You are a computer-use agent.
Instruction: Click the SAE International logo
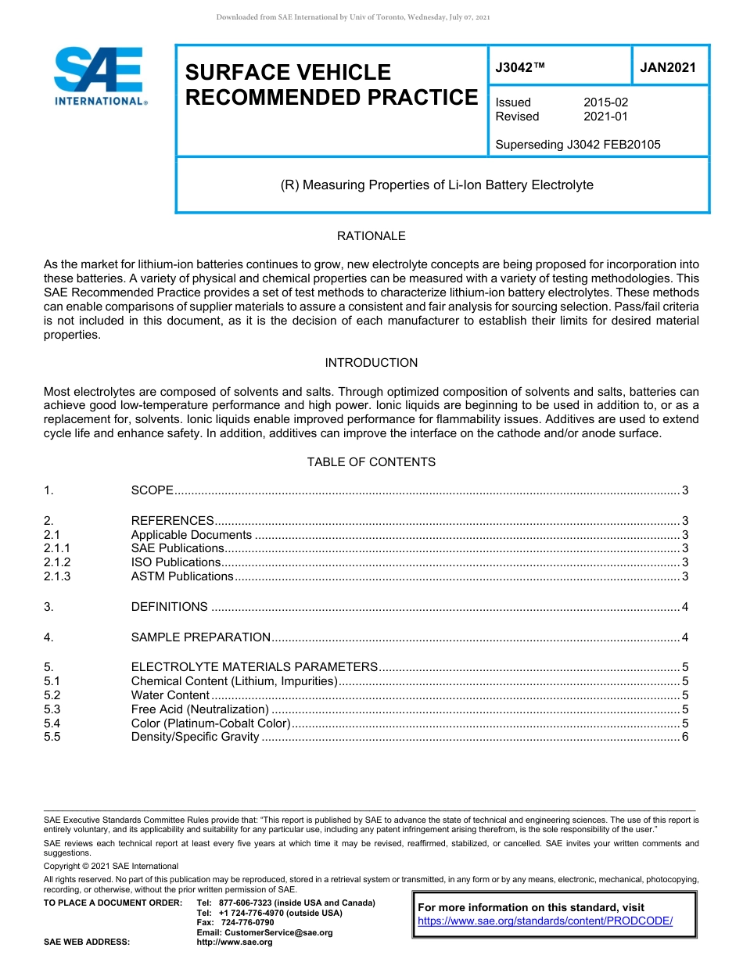[x=99, y=76]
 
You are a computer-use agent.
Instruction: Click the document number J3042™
[x=520, y=68]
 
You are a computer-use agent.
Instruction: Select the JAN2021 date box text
[x=668, y=68]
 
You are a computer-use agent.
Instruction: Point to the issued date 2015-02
[x=605, y=102]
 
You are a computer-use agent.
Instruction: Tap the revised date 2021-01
[x=605, y=117]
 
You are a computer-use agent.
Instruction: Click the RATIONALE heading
[x=371, y=236]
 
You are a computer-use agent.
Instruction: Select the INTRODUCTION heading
[x=371, y=363]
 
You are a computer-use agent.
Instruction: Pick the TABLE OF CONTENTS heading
[x=371, y=462]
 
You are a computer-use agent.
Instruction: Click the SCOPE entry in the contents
[x=152, y=490]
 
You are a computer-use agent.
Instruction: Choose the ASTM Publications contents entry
[x=182, y=576]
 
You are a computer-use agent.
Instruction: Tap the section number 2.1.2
[x=57, y=562]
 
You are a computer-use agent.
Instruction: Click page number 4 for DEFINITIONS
[x=685, y=607]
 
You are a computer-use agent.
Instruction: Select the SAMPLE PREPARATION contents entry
[x=201, y=637]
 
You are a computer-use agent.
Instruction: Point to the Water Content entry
[x=170, y=695]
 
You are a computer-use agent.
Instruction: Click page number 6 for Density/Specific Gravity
[x=685, y=738]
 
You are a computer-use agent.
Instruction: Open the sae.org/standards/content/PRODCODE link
[x=545, y=921]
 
